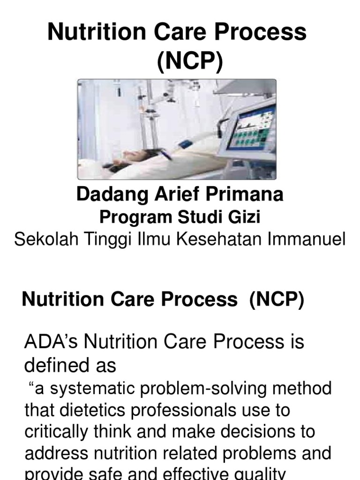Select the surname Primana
click(244, 195)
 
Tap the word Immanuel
click(307, 240)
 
